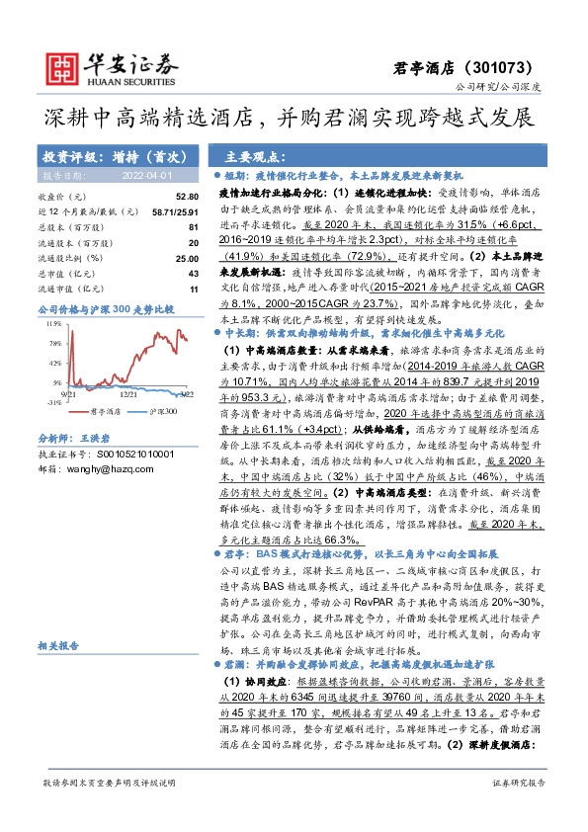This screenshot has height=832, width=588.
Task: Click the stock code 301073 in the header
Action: pos(507,68)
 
